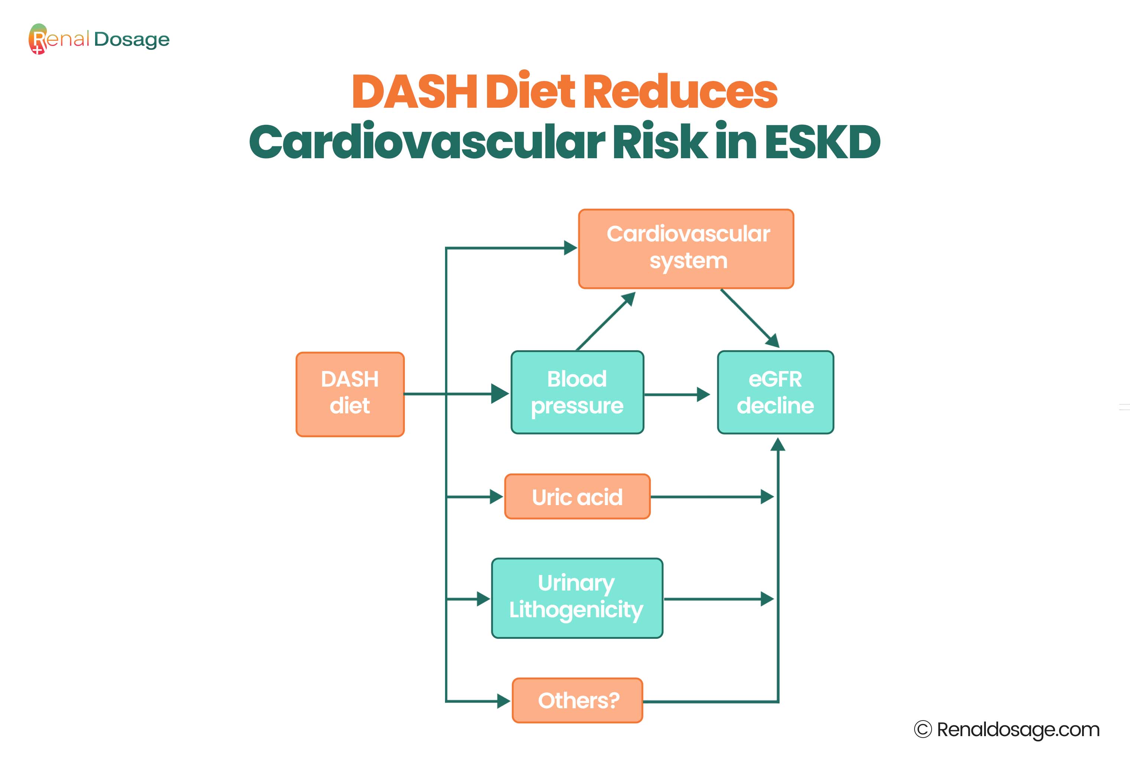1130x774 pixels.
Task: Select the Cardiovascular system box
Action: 686,249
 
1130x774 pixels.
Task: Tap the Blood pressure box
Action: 577,392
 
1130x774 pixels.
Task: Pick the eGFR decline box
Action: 776,392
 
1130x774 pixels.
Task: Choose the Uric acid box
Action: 577,497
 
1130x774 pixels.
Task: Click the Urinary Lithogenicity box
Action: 577,598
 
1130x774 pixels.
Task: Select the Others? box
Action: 577,700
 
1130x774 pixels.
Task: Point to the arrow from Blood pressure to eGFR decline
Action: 677,394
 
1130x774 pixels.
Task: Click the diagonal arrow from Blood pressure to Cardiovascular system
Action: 606,321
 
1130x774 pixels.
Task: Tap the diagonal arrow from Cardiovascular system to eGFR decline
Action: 750,318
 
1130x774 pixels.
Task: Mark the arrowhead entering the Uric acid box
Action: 496,497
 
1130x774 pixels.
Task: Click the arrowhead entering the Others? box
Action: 504,701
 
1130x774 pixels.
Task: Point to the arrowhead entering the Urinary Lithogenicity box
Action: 484,599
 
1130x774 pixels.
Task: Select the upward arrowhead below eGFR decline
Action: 778,444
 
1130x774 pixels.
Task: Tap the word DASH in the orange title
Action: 415,91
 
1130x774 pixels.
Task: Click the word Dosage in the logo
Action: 132,40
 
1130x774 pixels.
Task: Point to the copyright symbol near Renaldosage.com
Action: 922,729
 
